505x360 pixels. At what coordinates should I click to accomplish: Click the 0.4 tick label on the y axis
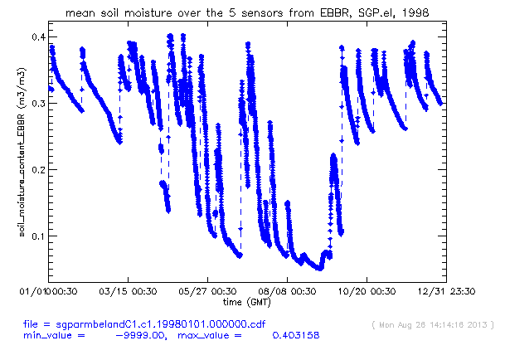pyautogui.click(x=38, y=37)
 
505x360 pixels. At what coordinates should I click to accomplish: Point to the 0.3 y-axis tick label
pyautogui.click(x=38, y=104)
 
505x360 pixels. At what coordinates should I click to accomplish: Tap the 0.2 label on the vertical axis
pyautogui.click(x=38, y=170)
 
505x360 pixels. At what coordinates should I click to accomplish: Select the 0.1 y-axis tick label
pyautogui.click(x=38, y=236)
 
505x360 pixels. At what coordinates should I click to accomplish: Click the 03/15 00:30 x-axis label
pyautogui.click(x=128, y=291)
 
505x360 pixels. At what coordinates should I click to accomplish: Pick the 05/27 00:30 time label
pyautogui.click(x=207, y=291)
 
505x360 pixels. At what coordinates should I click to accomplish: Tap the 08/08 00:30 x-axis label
pyautogui.click(x=287, y=291)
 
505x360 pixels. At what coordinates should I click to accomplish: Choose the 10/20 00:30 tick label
pyautogui.click(x=367, y=291)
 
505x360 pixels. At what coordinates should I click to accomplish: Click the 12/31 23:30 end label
pyautogui.click(x=446, y=291)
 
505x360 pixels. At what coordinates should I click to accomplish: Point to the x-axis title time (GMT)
pyautogui.click(x=247, y=302)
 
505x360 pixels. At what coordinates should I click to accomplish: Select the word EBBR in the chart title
pyautogui.click(x=335, y=13)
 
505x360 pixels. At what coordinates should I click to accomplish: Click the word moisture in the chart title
pyautogui.click(x=148, y=13)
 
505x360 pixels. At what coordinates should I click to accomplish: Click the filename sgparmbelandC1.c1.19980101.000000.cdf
pyautogui.click(x=161, y=324)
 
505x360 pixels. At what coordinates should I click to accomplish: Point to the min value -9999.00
pyautogui.click(x=141, y=335)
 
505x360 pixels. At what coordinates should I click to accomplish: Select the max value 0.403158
pyautogui.click(x=296, y=335)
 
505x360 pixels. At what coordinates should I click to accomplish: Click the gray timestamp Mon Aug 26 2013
pyautogui.click(x=433, y=325)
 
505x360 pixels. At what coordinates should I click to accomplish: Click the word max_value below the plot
pyautogui.click(x=205, y=336)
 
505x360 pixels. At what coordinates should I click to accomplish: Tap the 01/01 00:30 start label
pyautogui.click(x=48, y=291)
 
